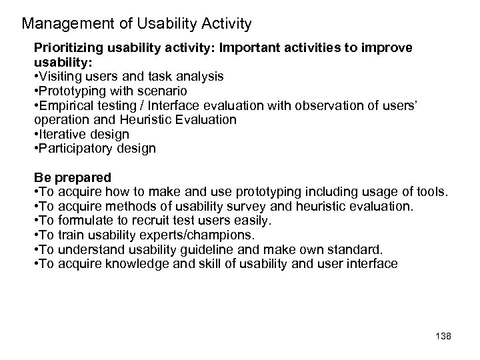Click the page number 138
click(442, 337)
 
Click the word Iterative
click(64, 134)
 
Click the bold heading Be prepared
click(73, 178)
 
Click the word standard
click(358, 250)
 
